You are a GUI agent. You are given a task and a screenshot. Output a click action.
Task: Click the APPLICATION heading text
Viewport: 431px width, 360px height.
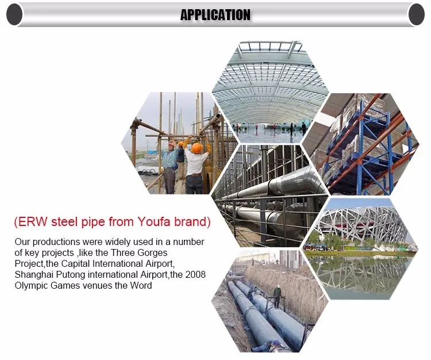click(x=215, y=15)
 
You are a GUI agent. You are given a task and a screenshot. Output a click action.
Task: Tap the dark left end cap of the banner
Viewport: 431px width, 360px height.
click(x=14, y=14)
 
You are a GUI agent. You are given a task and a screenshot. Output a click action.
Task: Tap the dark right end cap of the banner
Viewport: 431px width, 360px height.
click(x=417, y=14)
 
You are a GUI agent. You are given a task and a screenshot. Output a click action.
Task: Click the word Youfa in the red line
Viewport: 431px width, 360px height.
click(x=154, y=221)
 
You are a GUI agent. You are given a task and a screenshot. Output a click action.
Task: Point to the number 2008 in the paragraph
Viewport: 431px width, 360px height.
click(x=195, y=274)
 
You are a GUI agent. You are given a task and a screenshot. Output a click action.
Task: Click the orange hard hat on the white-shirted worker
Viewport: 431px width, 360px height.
click(x=197, y=148)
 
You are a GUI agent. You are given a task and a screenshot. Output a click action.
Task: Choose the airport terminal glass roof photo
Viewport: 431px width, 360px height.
click(x=270, y=92)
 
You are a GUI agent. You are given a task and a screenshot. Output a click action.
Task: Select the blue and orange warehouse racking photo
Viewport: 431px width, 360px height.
click(x=360, y=144)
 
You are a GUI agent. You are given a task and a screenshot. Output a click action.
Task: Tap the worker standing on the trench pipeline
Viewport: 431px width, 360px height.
click(x=277, y=296)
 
